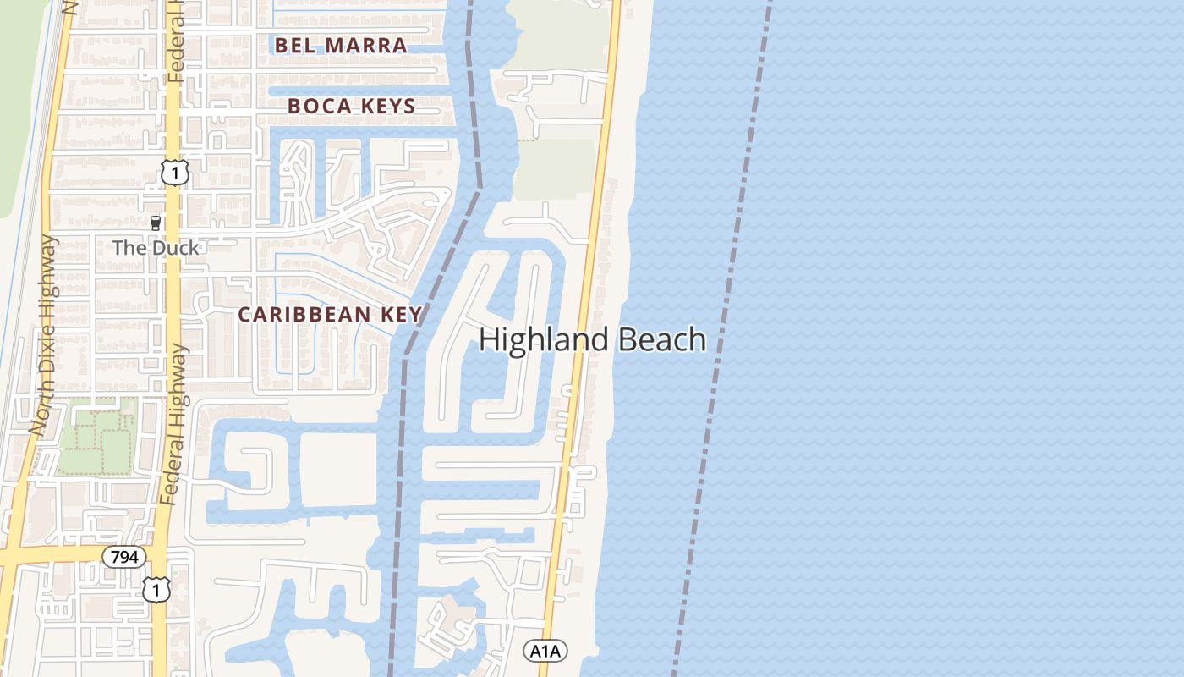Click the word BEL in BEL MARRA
pyautogui.click(x=293, y=46)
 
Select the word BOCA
pyautogui.click(x=318, y=107)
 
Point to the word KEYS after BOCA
pyautogui.click(x=386, y=107)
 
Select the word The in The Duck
pyautogui.click(x=129, y=248)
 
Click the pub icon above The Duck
pyautogui.click(x=156, y=224)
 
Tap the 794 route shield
pyautogui.click(x=124, y=557)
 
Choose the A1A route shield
pyautogui.click(x=545, y=651)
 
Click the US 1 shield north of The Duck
pyautogui.click(x=174, y=173)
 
